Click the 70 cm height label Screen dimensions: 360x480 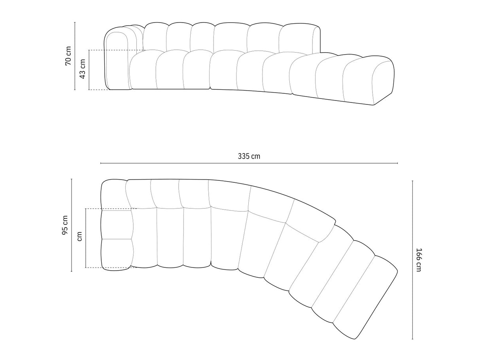(x=68, y=56)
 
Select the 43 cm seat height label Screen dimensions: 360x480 (x=83, y=69)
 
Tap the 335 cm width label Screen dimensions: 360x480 (x=249, y=156)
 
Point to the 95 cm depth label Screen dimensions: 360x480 (x=65, y=225)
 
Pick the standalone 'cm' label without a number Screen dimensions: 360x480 (x=79, y=237)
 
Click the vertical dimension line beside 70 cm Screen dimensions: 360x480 (x=75, y=56)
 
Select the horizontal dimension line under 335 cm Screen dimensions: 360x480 (x=249, y=163)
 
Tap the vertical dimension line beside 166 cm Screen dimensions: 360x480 (x=412, y=260)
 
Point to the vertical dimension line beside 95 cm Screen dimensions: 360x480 (x=72, y=225)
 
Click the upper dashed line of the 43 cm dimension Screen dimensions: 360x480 (x=115, y=50)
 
